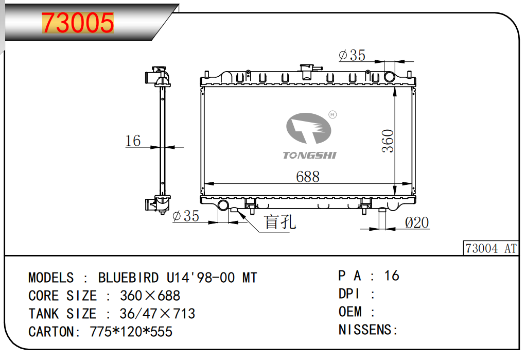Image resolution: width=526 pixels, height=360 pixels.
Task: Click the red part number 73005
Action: coord(78,23)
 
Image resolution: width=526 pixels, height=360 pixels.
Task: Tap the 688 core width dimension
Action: coord(308,177)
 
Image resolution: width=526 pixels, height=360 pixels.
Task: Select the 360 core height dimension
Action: coord(388,141)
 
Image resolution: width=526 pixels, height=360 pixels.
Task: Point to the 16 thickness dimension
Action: coord(133,141)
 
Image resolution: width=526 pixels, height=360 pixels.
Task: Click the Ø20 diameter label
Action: coord(417,222)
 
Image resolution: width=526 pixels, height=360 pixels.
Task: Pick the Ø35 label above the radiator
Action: coord(352,56)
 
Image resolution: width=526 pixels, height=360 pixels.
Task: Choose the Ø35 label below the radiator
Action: coord(186,216)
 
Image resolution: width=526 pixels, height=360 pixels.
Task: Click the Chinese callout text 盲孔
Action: coord(280,222)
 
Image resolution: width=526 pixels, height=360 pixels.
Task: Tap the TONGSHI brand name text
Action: coord(309,155)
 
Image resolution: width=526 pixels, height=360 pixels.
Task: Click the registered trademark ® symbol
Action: coord(332,115)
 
